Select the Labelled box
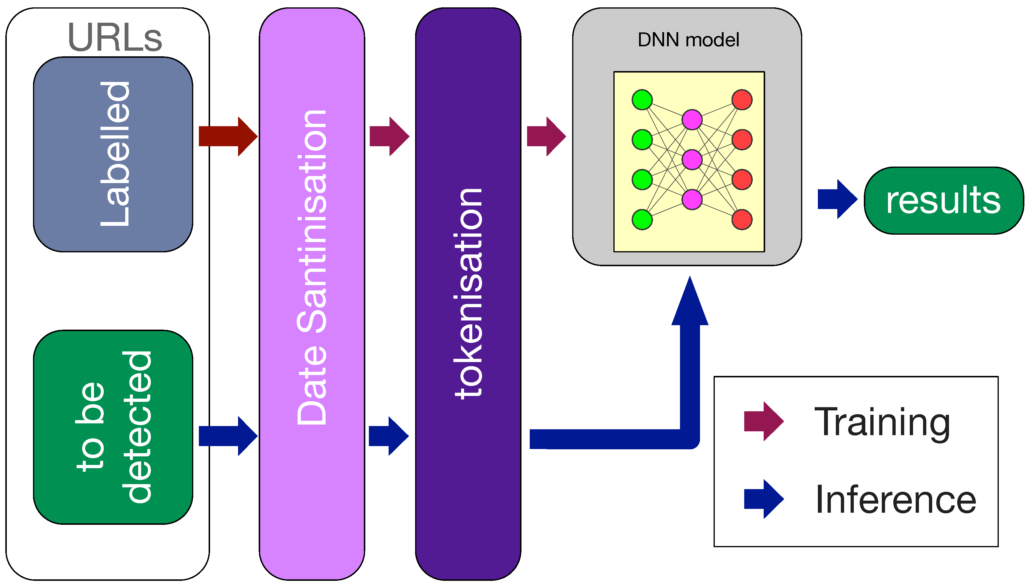pos(113,155)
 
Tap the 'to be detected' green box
pos(113,427)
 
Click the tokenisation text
pos(468,294)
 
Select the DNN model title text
pos(689,40)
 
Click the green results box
pos(943,200)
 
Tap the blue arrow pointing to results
pos(837,199)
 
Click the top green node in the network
pos(642,100)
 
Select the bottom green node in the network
pos(642,220)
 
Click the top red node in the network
pos(742,100)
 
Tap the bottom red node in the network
pos(742,220)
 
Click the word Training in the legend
pos(882,422)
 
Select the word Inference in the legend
pos(895,499)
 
